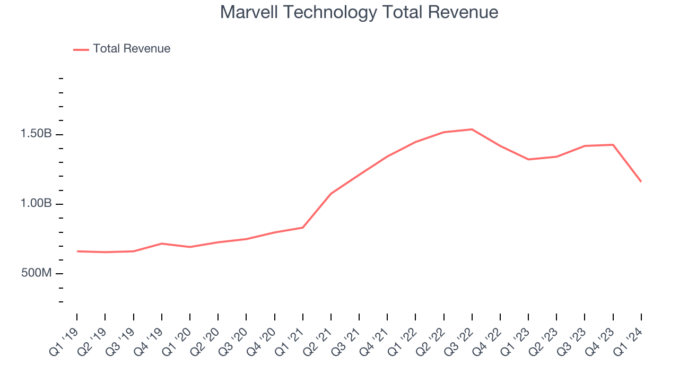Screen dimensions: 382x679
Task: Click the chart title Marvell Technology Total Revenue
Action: [x=359, y=12]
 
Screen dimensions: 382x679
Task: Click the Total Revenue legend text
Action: [x=132, y=49]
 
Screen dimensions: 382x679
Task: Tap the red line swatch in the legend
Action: [x=81, y=49]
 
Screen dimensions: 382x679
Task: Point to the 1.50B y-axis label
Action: [x=36, y=134]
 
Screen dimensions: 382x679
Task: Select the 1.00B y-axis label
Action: [x=36, y=204]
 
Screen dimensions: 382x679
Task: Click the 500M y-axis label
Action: [x=36, y=273]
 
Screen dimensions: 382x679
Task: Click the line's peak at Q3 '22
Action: [x=472, y=129]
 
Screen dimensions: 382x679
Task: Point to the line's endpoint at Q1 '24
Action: [x=641, y=181]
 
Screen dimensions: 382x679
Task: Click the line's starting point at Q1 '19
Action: [x=77, y=251]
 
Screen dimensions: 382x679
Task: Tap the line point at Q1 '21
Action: [x=302, y=228]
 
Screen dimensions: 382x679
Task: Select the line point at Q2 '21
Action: [x=331, y=194]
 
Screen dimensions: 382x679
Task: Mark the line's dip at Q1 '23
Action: [x=528, y=159]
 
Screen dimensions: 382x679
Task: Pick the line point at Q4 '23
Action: [x=613, y=145]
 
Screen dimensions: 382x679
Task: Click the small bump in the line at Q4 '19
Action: [x=161, y=244]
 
